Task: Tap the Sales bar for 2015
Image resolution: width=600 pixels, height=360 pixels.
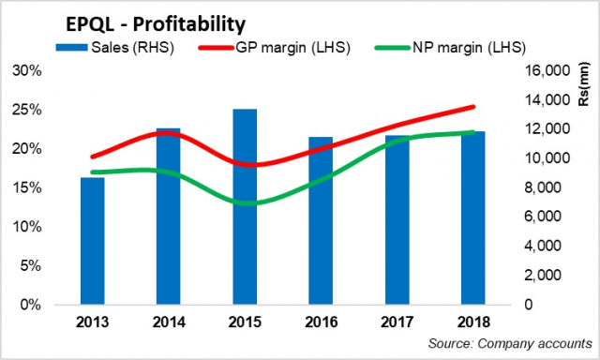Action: coord(246,207)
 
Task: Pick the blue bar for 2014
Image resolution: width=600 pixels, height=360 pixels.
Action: coord(169,217)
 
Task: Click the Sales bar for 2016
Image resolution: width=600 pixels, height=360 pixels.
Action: coord(322,221)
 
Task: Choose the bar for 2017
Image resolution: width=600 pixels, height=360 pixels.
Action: coord(397,220)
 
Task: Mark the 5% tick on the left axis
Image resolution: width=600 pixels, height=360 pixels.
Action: coord(37,265)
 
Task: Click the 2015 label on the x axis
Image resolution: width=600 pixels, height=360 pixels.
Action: coord(246,322)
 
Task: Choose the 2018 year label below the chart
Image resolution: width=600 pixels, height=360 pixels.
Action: coord(473,322)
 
